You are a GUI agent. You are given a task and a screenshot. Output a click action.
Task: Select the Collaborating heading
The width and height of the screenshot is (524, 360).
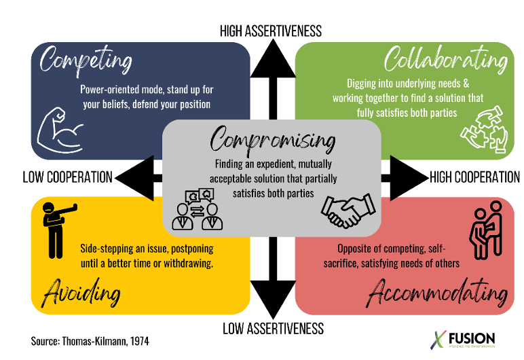(445, 60)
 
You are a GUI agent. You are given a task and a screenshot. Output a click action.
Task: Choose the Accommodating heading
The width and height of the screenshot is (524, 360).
(437, 293)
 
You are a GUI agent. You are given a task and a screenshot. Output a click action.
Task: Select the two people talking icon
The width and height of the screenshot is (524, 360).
(197, 208)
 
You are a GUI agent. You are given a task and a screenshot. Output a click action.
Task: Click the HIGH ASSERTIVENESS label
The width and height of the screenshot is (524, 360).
(270, 31)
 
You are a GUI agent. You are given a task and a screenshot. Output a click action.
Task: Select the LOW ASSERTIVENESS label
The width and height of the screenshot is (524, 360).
(273, 329)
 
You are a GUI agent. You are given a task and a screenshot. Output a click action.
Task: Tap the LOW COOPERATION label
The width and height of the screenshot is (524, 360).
(67, 177)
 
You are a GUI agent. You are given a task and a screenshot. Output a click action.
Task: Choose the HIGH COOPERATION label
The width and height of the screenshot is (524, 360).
(474, 177)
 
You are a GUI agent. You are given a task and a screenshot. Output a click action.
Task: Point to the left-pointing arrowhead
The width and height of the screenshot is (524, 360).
(132, 178)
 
